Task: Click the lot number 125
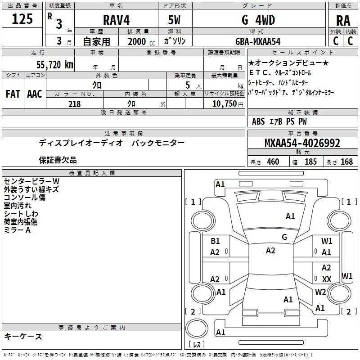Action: pos(22,20)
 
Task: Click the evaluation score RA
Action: pos(343,20)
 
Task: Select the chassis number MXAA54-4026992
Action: pos(302,144)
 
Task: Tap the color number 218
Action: pos(75,104)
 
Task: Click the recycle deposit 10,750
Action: pos(224,104)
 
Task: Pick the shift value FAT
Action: pos(13,94)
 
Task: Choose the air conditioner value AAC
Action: pos(35,94)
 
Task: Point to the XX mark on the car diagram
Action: pos(327,279)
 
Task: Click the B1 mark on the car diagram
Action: pos(215,241)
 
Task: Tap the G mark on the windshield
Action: pos(284,237)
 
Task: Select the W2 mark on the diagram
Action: pos(320,292)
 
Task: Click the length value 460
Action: pos(273,162)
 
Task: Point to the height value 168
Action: pos(346,162)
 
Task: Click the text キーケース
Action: pos(23,337)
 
